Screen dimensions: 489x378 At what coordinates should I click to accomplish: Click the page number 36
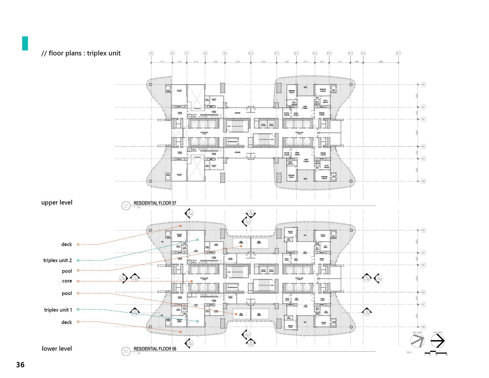20,365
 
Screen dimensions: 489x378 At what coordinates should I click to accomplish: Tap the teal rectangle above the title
25,43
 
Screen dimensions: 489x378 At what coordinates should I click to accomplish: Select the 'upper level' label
57,202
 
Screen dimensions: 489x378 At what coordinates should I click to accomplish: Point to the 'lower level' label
57,348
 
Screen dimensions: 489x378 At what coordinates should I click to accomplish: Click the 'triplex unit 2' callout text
57,260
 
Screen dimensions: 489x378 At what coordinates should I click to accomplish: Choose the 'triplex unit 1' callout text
58,310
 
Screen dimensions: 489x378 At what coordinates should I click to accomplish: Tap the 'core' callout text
67,281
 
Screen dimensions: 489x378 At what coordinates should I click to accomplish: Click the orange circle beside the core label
78,281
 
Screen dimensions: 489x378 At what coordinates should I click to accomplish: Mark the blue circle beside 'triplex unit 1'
78,310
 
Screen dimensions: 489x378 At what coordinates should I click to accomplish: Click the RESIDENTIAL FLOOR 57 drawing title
155,203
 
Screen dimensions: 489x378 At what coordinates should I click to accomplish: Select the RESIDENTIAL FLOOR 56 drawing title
155,349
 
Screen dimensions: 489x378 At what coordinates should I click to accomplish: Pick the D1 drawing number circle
126,206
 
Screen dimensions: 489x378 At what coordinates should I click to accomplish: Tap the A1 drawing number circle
126,352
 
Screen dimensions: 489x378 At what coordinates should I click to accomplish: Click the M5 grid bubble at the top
151,53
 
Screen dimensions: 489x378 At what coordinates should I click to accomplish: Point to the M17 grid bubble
398,53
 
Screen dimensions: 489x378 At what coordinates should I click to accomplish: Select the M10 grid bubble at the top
251,53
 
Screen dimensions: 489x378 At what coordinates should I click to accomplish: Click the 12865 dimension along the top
381,62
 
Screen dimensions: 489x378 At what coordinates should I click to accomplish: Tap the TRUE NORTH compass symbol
417,341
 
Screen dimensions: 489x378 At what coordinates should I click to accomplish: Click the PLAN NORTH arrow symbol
437,341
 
